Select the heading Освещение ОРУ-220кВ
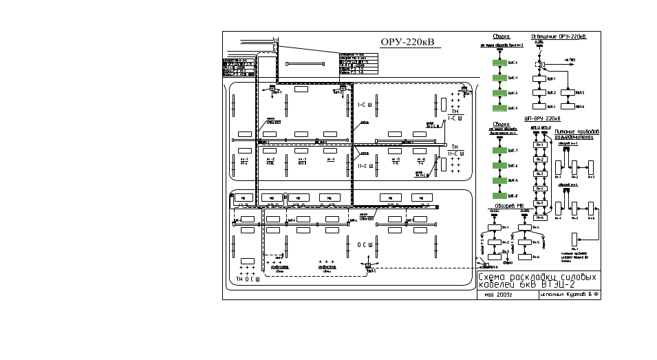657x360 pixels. pos(558,36)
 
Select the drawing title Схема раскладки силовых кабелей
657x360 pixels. pos(537,279)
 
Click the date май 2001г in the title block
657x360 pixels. pos(494,294)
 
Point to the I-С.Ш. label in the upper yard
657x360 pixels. pos(365,105)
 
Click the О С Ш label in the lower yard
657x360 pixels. pos(365,244)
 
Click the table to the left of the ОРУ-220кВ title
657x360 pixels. pos(358,63)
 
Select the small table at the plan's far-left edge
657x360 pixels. pos(239,67)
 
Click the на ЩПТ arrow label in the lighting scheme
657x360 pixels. pos(570,61)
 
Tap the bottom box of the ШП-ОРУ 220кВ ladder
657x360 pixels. pos(540,218)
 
